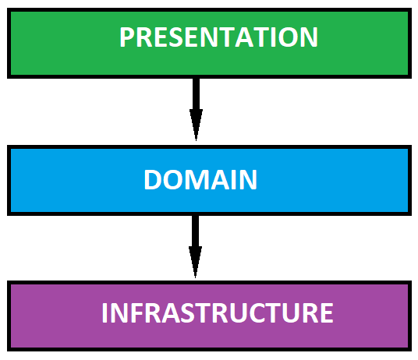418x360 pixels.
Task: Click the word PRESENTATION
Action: click(218, 37)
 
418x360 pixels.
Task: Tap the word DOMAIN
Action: click(200, 180)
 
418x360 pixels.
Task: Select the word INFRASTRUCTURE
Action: click(218, 313)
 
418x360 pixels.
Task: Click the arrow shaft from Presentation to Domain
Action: click(196, 94)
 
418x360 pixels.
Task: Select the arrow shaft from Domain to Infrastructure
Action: click(196, 231)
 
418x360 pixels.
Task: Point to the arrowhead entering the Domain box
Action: click(196, 125)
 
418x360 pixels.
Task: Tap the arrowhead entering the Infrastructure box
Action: click(196, 262)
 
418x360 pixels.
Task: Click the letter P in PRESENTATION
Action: click(126, 37)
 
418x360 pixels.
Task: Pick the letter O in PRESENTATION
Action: click(288, 37)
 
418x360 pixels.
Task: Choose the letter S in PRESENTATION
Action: click(175, 37)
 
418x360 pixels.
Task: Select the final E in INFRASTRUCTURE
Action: click(328, 313)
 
